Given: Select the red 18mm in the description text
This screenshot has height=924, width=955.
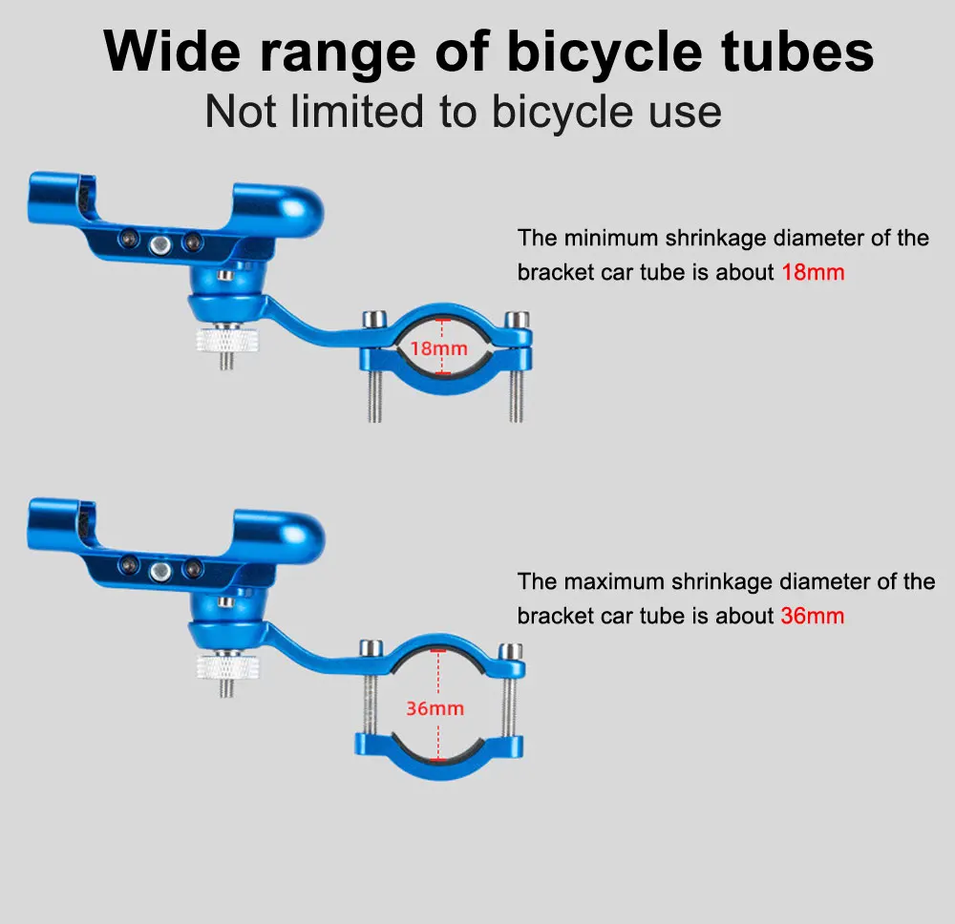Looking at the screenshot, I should pos(813,272).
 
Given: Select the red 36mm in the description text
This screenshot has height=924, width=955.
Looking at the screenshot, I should pos(813,616).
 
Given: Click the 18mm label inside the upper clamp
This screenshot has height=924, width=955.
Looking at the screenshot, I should pos(438,348).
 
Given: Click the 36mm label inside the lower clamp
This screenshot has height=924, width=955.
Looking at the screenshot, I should pos(435,708).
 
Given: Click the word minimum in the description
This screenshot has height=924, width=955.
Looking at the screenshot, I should pos(610,238).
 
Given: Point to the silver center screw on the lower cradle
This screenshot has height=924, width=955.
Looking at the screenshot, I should pos(160,572).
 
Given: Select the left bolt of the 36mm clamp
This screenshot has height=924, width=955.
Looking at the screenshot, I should pos(369,692).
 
